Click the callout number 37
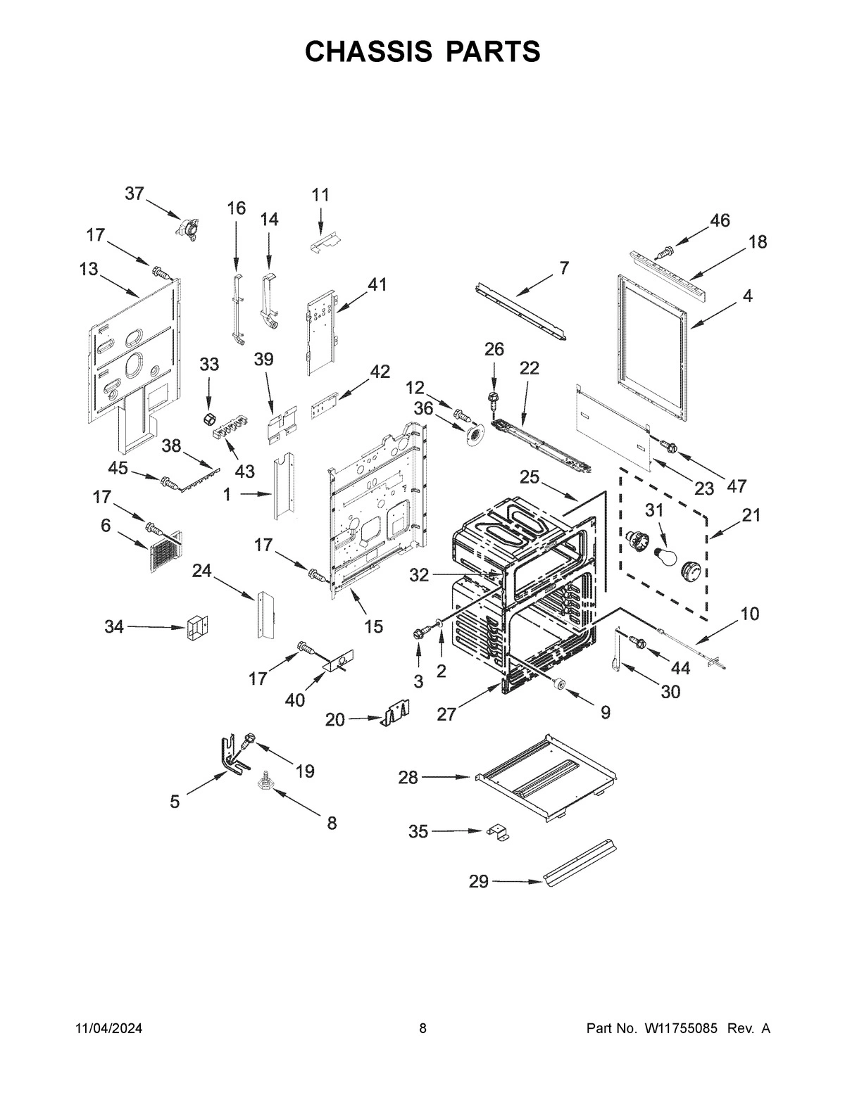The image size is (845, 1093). click(x=134, y=194)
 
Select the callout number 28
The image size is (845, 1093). click(x=408, y=778)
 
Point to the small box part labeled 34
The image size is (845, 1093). click(x=198, y=627)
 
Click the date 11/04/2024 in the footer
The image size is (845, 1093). click(x=109, y=1029)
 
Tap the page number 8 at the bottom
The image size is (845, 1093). click(x=423, y=1029)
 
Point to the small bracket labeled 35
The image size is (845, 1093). click(x=499, y=833)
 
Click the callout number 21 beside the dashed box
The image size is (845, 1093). click(x=751, y=515)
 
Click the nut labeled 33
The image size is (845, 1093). click(x=208, y=419)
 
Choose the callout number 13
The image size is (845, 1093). click(x=89, y=270)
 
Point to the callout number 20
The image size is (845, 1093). click(x=335, y=719)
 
